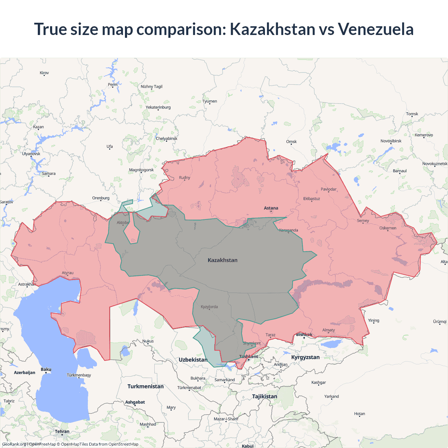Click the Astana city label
(271, 208)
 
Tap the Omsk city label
(291, 141)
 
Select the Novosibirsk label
(391, 141)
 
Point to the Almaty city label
(328, 330)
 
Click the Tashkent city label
(248, 356)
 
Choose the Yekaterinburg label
(158, 107)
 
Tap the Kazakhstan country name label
(223, 260)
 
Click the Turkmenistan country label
(146, 386)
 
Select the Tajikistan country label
(265, 396)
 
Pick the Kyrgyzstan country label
(305, 357)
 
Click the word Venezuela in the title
(376, 29)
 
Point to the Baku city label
(46, 369)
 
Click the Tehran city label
(62, 431)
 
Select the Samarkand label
(224, 380)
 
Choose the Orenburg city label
(101, 198)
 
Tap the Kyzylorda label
(209, 307)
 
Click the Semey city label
(363, 220)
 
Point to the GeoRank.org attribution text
(14, 444)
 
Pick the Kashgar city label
(318, 382)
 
